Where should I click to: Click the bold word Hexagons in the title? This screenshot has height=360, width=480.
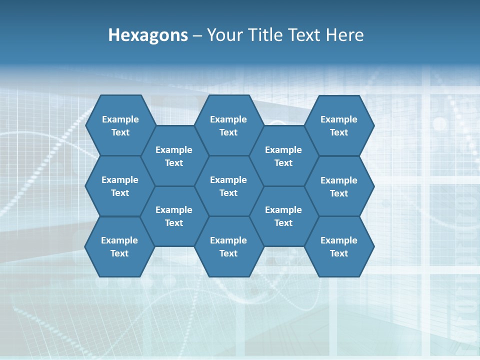(148, 35)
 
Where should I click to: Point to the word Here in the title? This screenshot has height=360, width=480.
(344, 35)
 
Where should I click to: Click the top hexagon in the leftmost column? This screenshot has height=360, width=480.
(120, 125)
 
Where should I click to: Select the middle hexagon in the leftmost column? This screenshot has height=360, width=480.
(120, 186)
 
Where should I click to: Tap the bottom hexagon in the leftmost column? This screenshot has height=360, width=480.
(119, 246)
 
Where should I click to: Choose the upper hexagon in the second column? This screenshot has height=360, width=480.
(174, 156)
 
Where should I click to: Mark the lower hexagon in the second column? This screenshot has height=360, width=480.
(174, 216)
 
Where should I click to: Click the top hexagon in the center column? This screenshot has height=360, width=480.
(228, 125)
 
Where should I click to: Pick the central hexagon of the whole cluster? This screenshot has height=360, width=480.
(228, 186)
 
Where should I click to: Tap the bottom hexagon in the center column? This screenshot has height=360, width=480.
(228, 246)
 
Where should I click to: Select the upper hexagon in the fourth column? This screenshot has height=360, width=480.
(283, 156)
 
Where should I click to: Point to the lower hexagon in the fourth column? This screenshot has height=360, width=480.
(283, 216)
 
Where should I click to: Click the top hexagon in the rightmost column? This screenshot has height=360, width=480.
(339, 125)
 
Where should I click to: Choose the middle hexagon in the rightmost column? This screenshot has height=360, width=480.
(339, 186)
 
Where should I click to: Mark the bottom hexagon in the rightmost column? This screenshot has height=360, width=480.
(339, 246)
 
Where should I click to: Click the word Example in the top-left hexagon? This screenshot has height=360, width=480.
(120, 119)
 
